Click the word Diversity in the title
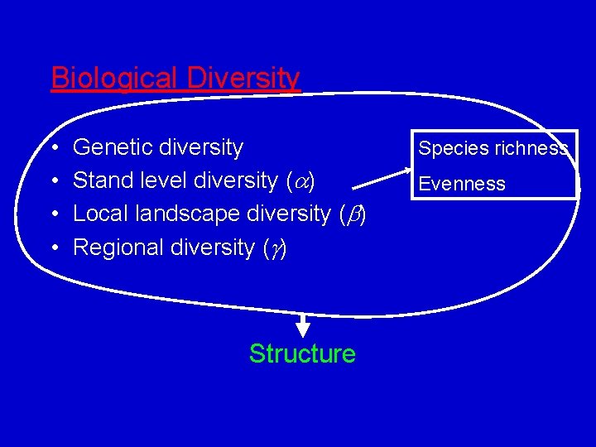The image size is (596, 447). pyautogui.click(x=243, y=78)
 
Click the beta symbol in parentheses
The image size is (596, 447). pyautogui.click(x=353, y=214)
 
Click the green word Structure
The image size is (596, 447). pyautogui.click(x=302, y=353)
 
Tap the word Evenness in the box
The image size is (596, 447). pyautogui.click(x=462, y=184)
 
